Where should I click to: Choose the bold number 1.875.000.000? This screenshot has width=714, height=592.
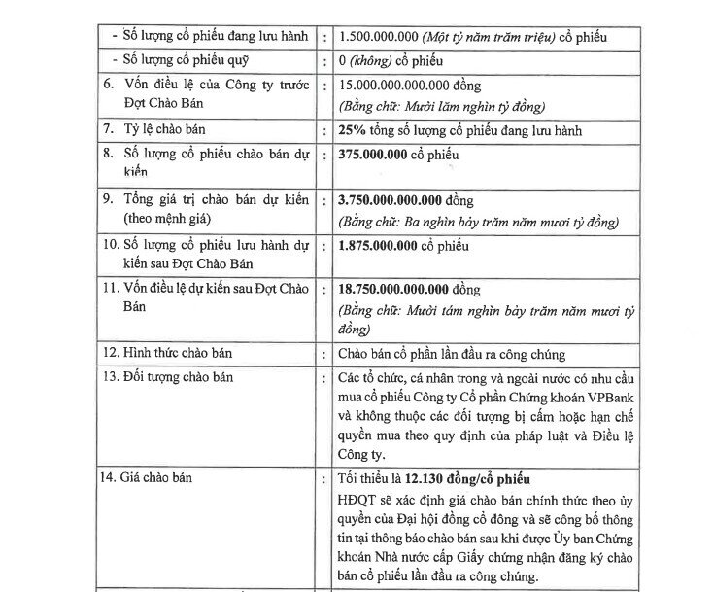377,245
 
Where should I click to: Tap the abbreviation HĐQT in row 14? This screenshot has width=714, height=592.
358,499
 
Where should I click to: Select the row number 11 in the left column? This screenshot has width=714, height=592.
112,290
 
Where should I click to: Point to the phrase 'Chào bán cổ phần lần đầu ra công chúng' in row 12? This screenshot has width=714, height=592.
451,352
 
